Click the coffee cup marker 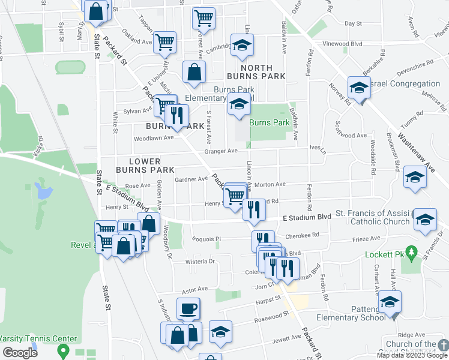point(188,308)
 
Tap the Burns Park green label point(270,122)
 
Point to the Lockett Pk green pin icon point(410,251)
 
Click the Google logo point(20,353)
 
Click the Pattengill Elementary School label point(357,313)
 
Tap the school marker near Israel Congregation point(358,88)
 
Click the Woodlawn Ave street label point(153,137)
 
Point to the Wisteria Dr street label point(200,262)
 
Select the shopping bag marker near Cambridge point(194,73)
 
